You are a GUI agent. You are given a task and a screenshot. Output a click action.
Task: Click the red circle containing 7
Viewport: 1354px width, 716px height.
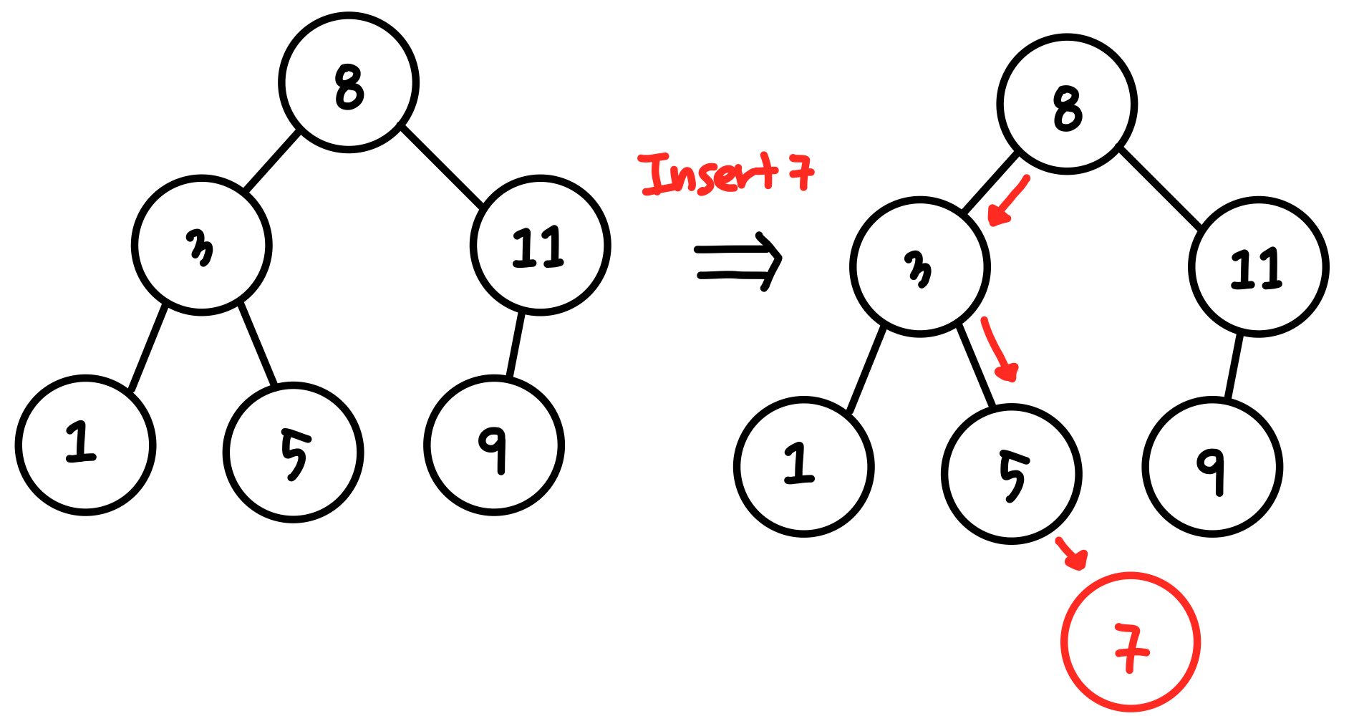[x=1130, y=642]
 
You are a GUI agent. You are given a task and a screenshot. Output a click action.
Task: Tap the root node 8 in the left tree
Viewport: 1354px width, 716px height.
[x=349, y=83]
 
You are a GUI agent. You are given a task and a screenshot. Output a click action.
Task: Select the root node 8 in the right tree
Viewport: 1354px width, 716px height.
[x=1067, y=105]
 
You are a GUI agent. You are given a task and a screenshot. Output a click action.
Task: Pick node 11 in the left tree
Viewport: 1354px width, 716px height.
[x=540, y=246]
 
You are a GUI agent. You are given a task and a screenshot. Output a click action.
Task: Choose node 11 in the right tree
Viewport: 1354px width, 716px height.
[x=1258, y=267]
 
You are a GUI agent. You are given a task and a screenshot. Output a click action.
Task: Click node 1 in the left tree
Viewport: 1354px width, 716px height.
[x=85, y=445]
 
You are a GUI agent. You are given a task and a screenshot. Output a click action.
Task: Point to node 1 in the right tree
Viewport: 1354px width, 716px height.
[x=803, y=467]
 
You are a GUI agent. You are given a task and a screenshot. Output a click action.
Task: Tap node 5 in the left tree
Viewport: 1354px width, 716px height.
[x=293, y=453]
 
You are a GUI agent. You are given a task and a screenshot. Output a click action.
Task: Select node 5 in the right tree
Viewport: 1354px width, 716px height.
[x=1011, y=474]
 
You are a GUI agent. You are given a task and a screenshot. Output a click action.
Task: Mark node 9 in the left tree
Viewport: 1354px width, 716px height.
[x=493, y=445]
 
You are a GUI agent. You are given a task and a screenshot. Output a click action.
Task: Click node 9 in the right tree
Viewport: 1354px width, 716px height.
[x=1212, y=467]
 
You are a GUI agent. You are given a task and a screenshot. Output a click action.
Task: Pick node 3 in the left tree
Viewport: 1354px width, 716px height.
[x=201, y=246]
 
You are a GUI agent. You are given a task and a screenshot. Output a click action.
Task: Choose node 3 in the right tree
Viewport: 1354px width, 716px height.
[x=920, y=267]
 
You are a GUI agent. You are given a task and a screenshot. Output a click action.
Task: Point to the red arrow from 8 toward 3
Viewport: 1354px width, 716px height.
[x=1008, y=201]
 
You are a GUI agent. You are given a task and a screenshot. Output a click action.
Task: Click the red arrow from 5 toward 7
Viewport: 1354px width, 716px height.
[x=1072, y=553]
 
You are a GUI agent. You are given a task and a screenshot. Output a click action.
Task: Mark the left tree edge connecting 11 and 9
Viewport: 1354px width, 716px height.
[x=516, y=344]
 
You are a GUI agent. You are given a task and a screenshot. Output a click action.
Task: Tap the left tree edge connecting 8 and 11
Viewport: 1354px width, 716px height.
[x=442, y=166]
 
